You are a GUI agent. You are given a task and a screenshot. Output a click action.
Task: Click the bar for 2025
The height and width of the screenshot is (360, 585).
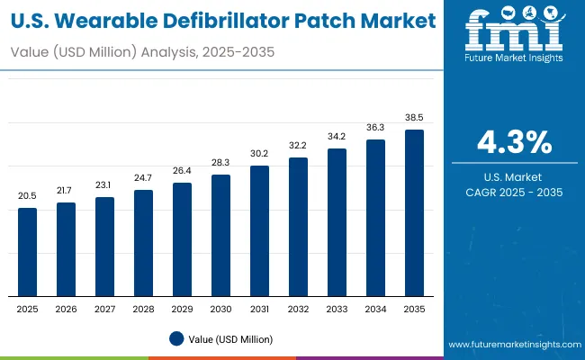tap(28, 252)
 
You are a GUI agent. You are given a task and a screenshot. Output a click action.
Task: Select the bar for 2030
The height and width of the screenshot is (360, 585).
tap(221, 235)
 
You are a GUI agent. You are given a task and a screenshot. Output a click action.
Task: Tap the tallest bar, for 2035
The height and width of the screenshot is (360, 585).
tap(414, 212)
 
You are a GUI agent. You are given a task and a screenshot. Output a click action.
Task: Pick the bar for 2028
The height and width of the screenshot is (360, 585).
tap(144, 243)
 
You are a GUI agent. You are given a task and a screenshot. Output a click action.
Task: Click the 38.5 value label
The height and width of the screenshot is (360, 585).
tap(414, 118)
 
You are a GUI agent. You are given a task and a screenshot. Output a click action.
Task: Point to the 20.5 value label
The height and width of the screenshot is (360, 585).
tap(28, 196)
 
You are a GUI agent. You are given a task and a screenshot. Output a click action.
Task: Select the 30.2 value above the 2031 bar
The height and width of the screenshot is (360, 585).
tap(260, 153)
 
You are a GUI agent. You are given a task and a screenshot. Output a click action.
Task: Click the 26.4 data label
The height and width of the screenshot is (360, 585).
tap(183, 171)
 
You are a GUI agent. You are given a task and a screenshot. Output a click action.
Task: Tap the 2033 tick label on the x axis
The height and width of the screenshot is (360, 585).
tap(337, 308)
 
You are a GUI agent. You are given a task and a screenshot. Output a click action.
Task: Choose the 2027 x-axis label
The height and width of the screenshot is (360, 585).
tap(105, 308)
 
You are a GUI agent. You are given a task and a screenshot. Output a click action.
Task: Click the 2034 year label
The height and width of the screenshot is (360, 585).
tap(375, 308)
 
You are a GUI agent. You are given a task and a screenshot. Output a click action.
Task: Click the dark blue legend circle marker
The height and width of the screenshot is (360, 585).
tap(176, 338)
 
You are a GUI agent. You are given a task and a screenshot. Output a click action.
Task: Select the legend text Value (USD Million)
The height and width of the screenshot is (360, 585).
tap(230, 338)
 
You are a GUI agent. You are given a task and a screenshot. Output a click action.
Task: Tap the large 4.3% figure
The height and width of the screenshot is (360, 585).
tap(514, 142)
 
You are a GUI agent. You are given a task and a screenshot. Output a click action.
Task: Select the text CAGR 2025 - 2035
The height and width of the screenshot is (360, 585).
tap(514, 192)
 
